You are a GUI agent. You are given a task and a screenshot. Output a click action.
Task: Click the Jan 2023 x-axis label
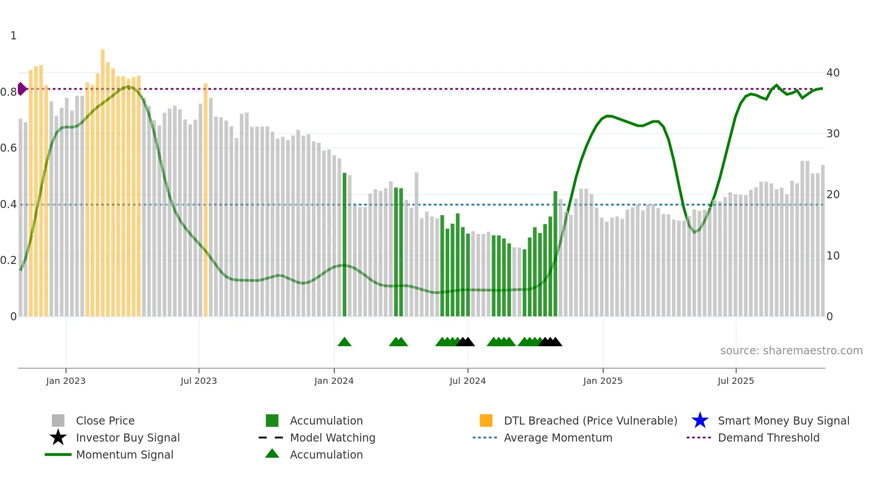click(x=65, y=381)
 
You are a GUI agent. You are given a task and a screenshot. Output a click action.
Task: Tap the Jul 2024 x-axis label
click(x=467, y=381)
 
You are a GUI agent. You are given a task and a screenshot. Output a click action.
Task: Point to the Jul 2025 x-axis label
click(x=736, y=381)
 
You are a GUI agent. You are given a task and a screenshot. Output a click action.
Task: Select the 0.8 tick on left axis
click(x=9, y=92)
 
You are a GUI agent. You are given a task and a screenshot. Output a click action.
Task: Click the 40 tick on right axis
click(x=833, y=72)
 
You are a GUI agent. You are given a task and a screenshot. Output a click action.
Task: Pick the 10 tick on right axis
click(x=833, y=256)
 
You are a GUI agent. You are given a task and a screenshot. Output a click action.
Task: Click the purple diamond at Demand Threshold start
click(x=21, y=89)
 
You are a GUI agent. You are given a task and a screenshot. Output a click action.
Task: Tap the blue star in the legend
click(x=700, y=421)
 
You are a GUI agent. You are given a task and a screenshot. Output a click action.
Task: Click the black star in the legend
click(x=58, y=438)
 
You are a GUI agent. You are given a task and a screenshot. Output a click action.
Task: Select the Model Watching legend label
click(x=332, y=438)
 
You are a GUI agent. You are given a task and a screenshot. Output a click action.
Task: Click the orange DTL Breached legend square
click(x=486, y=421)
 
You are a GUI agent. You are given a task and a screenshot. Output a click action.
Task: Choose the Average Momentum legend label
click(x=558, y=438)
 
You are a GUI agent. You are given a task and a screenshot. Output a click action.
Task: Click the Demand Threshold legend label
click(x=768, y=438)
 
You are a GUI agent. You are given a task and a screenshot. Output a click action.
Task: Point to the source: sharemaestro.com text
click(x=791, y=351)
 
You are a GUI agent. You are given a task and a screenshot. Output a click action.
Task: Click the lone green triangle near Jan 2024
click(x=344, y=342)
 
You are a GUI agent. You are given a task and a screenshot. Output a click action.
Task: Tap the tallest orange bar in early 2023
click(x=103, y=179)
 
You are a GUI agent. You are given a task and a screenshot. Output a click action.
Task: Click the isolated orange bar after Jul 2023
click(x=206, y=201)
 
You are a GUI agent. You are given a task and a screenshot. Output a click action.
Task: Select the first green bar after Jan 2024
click(x=345, y=246)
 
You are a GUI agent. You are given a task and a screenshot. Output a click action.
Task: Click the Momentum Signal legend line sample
click(x=58, y=455)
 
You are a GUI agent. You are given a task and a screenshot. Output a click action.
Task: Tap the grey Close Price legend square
click(x=58, y=421)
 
